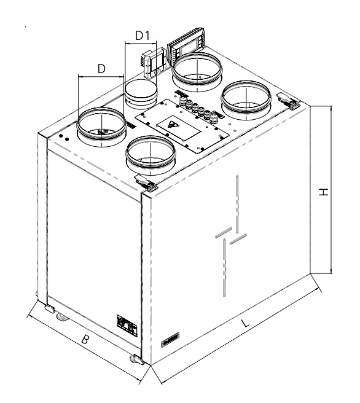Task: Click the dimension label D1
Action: click(x=143, y=36)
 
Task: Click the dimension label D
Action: click(x=101, y=69)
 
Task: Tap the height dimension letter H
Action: click(x=324, y=192)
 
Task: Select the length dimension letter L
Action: click(x=245, y=323)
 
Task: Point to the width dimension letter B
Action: click(x=85, y=339)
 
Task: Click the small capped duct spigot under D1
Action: click(x=141, y=95)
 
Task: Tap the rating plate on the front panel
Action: click(x=127, y=326)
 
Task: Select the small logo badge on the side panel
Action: click(x=170, y=340)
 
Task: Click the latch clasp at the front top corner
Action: click(x=146, y=182)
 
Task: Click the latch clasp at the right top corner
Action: click(x=288, y=101)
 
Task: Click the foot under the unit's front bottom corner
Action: click(x=136, y=359)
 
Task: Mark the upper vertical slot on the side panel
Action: click(x=237, y=204)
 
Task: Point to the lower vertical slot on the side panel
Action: click(x=224, y=267)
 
